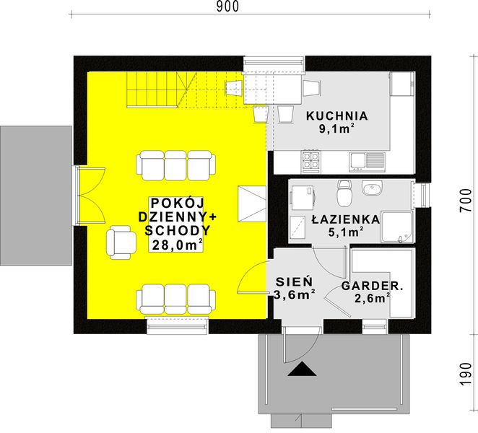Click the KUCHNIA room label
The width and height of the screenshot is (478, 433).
pyautogui.click(x=336, y=115)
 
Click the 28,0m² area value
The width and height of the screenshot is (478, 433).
pyautogui.click(x=177, y=245)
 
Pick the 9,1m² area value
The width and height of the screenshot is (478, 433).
pyautogui.click(x=336, y=131)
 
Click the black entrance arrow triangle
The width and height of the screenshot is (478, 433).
pyautogui.click(x=302, y=370)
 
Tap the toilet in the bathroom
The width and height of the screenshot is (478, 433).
pyautogui.click(x=344, y=193)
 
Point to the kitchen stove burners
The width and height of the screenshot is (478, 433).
pyautogui.click(x=311, y=159)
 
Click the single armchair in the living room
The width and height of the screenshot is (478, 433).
pyautogui.click(x=121, y=241)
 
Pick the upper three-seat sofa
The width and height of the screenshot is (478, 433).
pyautogui.click(x=176, y=165)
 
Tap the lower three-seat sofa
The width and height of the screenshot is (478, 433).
pyautogui.click(x=176, y=298)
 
